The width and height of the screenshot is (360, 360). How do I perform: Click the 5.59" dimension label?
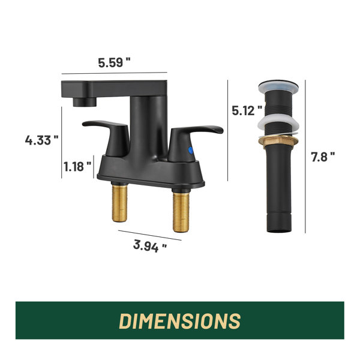click(x=114, y=62)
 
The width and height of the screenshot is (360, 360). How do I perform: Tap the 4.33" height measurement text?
click(x=41, y=140)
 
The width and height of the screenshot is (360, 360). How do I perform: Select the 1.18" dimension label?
click(x=77, y=166)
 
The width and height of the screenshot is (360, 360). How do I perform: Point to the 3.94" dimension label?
click(x=149, y=246)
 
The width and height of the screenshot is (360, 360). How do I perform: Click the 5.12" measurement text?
click(x=247, y=110)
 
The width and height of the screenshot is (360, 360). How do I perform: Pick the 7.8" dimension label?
click(x=323, y=157)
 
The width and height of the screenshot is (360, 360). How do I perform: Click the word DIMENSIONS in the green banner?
click(x=180, y=321)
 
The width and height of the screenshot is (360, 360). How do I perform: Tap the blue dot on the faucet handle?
click(x=191, y=150)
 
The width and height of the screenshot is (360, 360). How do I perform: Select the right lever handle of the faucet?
click(x=193, y=142)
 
